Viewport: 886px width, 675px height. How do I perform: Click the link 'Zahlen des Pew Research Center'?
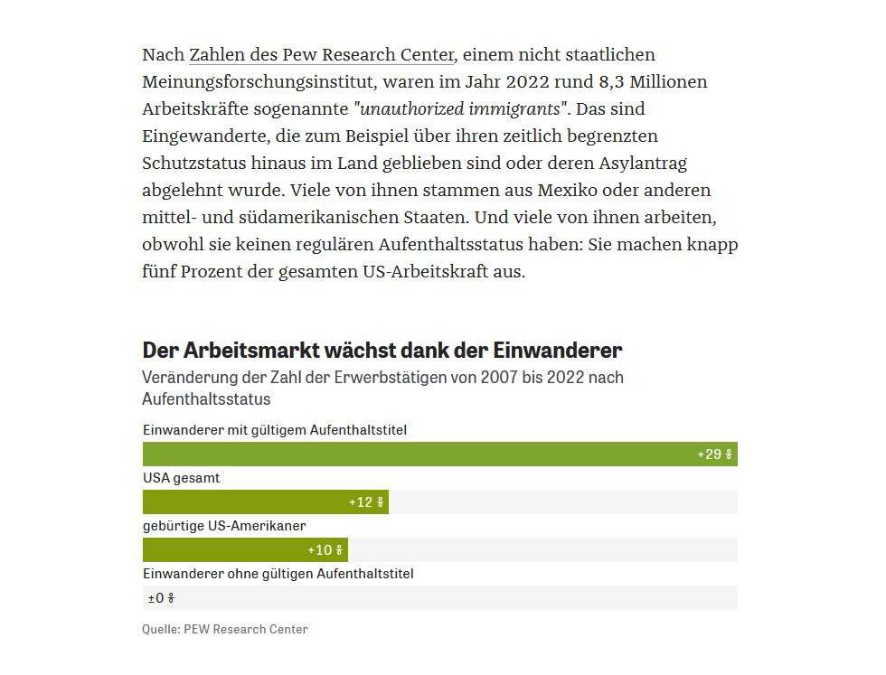pos(322,55)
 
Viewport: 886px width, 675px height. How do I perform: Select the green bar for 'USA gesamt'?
pos(266,502)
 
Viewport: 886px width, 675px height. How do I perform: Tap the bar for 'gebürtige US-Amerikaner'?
pos(245,550)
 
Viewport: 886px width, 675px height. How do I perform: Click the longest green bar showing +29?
pos(440,455)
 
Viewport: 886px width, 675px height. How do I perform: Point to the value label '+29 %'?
pos(715,455)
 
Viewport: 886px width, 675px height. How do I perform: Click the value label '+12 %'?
pos(366,502)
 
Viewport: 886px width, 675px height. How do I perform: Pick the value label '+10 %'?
pos(325,550)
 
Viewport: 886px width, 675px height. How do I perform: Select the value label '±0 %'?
pos(161,598)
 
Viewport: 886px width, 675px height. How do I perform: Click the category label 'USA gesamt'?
pos(182,478)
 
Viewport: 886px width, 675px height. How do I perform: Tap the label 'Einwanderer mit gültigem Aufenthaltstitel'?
pos(275,430)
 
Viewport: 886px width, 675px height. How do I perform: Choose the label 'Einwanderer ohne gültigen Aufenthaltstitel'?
pos(278,574)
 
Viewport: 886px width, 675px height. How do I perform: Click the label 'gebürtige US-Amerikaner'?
pos(224,526)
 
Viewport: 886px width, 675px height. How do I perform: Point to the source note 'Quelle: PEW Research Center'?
pos(225,629)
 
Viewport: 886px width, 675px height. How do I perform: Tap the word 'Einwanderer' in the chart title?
pos(558,351)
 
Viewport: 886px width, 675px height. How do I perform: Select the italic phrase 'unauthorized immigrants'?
pos(460,108)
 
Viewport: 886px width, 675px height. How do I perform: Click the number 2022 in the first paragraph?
pos(528,82)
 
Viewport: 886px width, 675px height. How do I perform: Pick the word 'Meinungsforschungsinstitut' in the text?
pos(259,82)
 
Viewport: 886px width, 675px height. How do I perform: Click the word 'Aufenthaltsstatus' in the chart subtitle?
pos(206,399)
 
